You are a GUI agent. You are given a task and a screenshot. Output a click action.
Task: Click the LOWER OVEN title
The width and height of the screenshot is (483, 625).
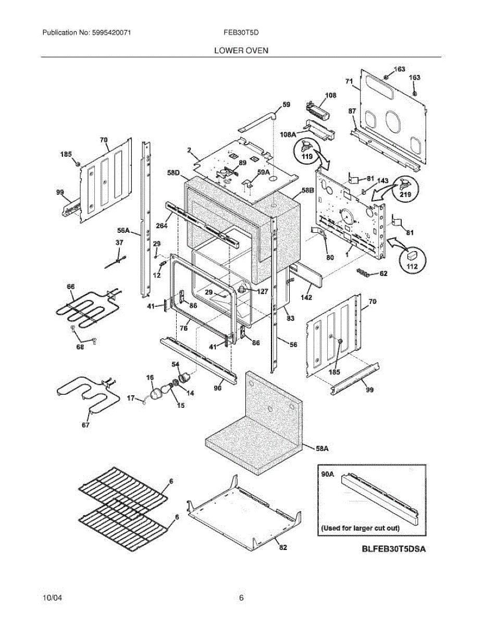(241, 51)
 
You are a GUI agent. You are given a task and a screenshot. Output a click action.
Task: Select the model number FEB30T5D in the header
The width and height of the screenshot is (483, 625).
(241, 32)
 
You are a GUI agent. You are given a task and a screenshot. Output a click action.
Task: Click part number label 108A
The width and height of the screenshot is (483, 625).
(288, 134)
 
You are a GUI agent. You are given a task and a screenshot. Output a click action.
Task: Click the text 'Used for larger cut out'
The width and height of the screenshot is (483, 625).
(361, 528)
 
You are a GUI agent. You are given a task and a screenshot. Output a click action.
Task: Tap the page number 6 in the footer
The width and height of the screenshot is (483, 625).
(241, 598)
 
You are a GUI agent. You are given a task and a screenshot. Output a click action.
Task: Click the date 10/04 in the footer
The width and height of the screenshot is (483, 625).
(51, 598)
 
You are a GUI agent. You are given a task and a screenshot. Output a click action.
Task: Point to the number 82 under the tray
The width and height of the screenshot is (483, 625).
(283, 548)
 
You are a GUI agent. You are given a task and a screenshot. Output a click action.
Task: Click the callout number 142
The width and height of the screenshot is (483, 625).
(306, 297)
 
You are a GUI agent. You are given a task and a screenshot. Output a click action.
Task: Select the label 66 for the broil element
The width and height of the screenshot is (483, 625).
(71, 286)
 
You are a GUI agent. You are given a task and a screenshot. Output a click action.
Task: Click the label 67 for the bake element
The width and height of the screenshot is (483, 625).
(85, 425)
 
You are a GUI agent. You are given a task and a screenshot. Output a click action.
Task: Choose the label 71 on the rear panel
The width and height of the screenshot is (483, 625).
(349, 81)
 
